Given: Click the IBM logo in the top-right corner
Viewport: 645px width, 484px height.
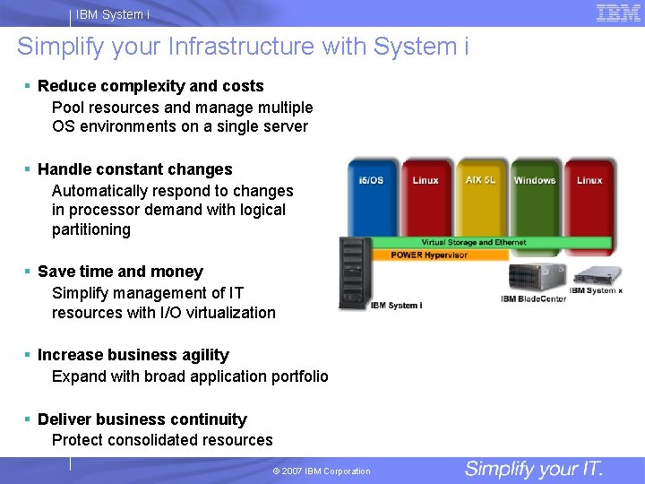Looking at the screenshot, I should pos(618,13).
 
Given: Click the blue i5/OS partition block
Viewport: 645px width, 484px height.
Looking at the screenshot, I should pos(372,197).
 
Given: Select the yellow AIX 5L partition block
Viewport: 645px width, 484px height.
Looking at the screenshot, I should pos(481,197).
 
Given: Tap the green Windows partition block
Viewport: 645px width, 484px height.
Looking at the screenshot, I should pos(535,197).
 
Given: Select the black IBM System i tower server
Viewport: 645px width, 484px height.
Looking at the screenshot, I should pos(355,273).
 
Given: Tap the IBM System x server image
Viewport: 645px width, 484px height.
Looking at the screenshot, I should pos(597,275).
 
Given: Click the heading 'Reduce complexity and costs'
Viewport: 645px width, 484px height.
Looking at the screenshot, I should pos(150,86).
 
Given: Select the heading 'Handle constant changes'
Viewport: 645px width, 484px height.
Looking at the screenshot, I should pos(134,169).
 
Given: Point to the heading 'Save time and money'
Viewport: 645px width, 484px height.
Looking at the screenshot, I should pos(120,272).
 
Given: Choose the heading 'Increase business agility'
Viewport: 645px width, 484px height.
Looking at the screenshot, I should pos(133,355).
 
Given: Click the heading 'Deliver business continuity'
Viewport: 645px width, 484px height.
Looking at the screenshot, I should pos(142,419).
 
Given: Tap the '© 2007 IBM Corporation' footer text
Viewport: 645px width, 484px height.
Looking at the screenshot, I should pos(322,471).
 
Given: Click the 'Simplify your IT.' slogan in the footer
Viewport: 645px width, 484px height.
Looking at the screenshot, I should pos(534,469).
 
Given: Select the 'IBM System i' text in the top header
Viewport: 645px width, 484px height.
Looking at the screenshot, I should pos(113,14).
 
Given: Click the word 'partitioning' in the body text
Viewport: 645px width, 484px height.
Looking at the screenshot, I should pos(91,229).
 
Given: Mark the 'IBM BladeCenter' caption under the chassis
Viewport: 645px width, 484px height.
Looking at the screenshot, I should pos(534,298).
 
